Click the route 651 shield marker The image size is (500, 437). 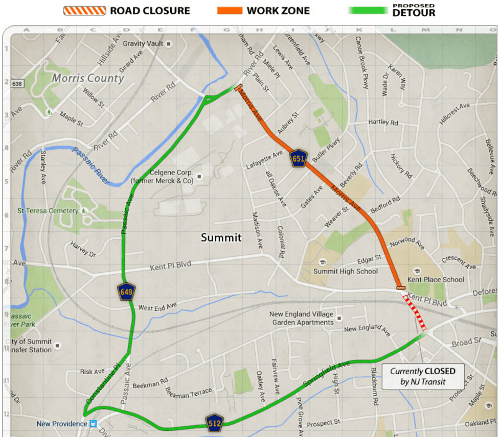pyautogui.click(x=298, y=159)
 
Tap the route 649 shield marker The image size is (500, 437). pyautogui.click(x=126, y=292)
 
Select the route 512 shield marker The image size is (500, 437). pyautogui.click(x=215, y=422)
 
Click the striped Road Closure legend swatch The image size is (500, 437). pyautogui.click(x=85, y=10)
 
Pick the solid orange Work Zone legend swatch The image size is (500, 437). pyautogui.click(x=230, y=10)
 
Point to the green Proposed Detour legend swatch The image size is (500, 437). pyautogui.click(x=368, y=10)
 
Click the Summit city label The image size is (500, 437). pyautogui.click(x=221, y=237)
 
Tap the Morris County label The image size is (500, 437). pyautogui.click(x=88, y=78)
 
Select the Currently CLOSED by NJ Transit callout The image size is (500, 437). pyautogui.click(x=422, y=376)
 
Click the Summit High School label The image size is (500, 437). pyautogui.click(x=346, y=271)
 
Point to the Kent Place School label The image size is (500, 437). pyautogui.click(x=436, y=279)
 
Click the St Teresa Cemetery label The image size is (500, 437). pyautogui.click(x=48, y=211)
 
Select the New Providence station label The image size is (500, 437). pyautogui.click(x=62, y=424)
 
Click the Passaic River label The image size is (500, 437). pyautogui.click(x=90, y=166)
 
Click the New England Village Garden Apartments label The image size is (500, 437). pyautogui.click(x=301, y=318)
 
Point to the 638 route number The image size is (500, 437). pyautogui.click(x=17, y=83)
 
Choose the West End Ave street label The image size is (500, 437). pyautogui.click(x=157, y=306)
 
